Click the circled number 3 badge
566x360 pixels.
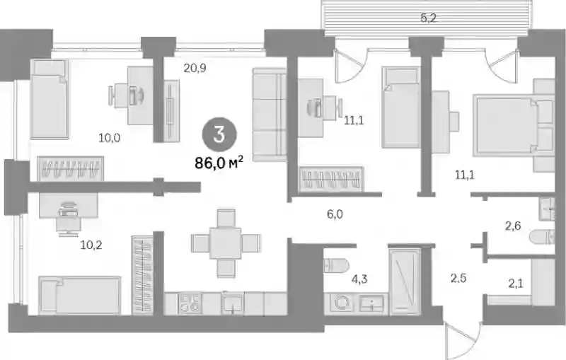coord(219,134)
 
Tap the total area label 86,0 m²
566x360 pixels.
coord(219,163)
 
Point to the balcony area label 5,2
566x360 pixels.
coord(429,18)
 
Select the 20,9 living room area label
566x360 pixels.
coord(195,68)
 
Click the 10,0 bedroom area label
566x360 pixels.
coord(110,137)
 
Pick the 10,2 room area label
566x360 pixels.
coord(91,245)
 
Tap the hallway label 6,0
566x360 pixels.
coord(335,214)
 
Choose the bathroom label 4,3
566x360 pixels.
coord(359,279)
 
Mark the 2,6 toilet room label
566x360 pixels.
coord(512,226)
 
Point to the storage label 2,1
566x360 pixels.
coord(516,284)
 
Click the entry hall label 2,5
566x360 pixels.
coord(458,278)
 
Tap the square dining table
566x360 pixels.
coord(226,243)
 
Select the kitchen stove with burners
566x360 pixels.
coord(190,303)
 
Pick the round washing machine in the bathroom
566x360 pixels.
coord(342,303)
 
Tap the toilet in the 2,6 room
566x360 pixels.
coord(541,237)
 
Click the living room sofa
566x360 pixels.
coord(270,115)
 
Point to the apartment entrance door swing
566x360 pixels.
coord(463,339)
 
